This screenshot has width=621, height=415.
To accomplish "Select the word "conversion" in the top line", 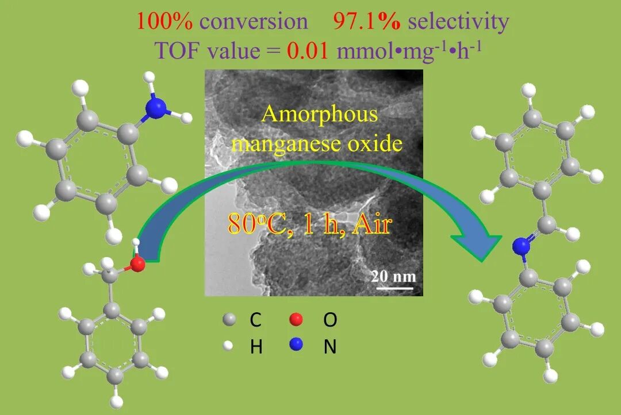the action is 254,21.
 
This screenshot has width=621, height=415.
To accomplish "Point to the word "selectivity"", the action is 458,21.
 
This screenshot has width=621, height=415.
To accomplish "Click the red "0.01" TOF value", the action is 308,51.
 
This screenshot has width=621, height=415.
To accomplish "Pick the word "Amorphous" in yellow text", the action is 320,114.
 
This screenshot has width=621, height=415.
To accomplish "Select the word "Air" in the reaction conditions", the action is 371,224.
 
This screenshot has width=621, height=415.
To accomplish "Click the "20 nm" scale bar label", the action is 393,276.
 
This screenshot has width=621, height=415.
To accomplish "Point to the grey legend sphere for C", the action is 229,320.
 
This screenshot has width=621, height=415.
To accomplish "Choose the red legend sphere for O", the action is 296,320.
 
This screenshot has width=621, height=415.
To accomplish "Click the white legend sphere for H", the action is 229,346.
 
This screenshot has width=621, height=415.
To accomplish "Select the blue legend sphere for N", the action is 296,345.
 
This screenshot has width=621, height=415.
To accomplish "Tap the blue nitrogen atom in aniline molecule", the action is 156,107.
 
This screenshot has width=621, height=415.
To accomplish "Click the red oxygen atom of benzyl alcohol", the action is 137,264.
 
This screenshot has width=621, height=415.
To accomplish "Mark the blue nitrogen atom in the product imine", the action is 521,246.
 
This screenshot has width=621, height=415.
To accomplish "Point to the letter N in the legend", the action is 330,347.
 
